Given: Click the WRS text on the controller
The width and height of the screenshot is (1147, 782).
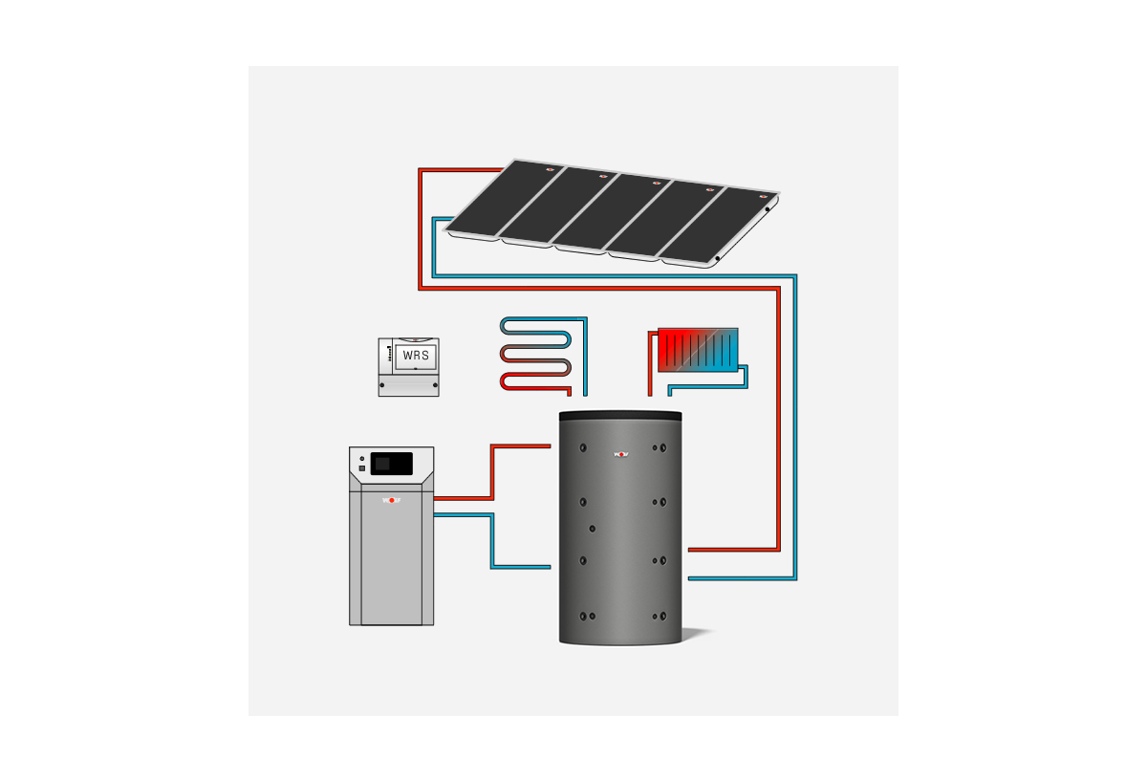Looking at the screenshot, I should point(416,356).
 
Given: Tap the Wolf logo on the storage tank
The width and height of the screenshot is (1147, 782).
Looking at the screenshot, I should point(621,453).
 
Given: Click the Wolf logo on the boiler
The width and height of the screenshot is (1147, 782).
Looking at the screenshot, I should point(391,500).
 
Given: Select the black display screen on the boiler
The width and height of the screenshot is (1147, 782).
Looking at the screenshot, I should point(392,464).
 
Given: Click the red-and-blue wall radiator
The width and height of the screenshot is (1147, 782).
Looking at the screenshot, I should point(698,351).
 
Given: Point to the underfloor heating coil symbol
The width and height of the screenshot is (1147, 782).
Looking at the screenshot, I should point(537,353).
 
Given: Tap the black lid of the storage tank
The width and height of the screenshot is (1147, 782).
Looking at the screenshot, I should point(620,415).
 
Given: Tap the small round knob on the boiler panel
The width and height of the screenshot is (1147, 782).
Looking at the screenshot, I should point(362,460).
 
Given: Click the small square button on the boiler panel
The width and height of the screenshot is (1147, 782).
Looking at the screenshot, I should point(362,468).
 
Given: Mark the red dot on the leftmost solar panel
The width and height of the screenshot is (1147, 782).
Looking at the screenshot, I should point(550,169).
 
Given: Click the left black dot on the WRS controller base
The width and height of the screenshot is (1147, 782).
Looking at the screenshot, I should point(383,385).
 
